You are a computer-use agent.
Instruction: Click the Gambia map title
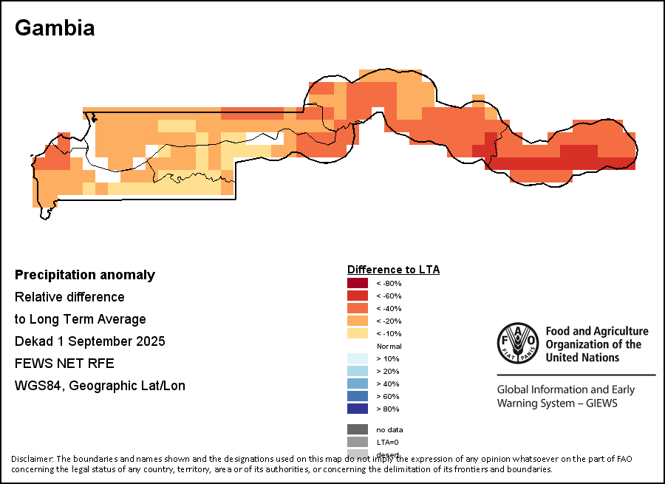click(55, 28)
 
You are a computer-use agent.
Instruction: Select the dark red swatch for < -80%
click(357, 283)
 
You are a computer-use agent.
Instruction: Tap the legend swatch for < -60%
click(357, 296)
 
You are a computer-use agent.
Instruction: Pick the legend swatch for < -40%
click(357, 308)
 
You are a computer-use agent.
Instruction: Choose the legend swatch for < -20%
click(357, 321)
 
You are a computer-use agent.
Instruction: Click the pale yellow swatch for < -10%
click(357, 333)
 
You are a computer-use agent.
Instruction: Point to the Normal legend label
click(389, 346)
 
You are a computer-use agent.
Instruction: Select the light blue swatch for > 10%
click(357, 358)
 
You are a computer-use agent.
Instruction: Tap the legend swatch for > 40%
click(357, 384)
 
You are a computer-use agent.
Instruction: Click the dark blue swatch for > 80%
click(357, 409)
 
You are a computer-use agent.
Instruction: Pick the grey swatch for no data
click(357, 429)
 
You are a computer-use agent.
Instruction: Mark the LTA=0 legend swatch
click(357, 442)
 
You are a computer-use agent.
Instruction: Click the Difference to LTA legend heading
click(393, 270)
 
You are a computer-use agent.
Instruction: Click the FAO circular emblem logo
click(516, 344)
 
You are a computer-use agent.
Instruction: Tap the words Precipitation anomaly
click(85, 275)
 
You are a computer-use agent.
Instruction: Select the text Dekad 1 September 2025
click(90, 341)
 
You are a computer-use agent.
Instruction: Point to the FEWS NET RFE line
click(64, 364)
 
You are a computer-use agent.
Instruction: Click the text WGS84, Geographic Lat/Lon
click(100, 386)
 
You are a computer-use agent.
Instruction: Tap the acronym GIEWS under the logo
click(599, 403)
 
